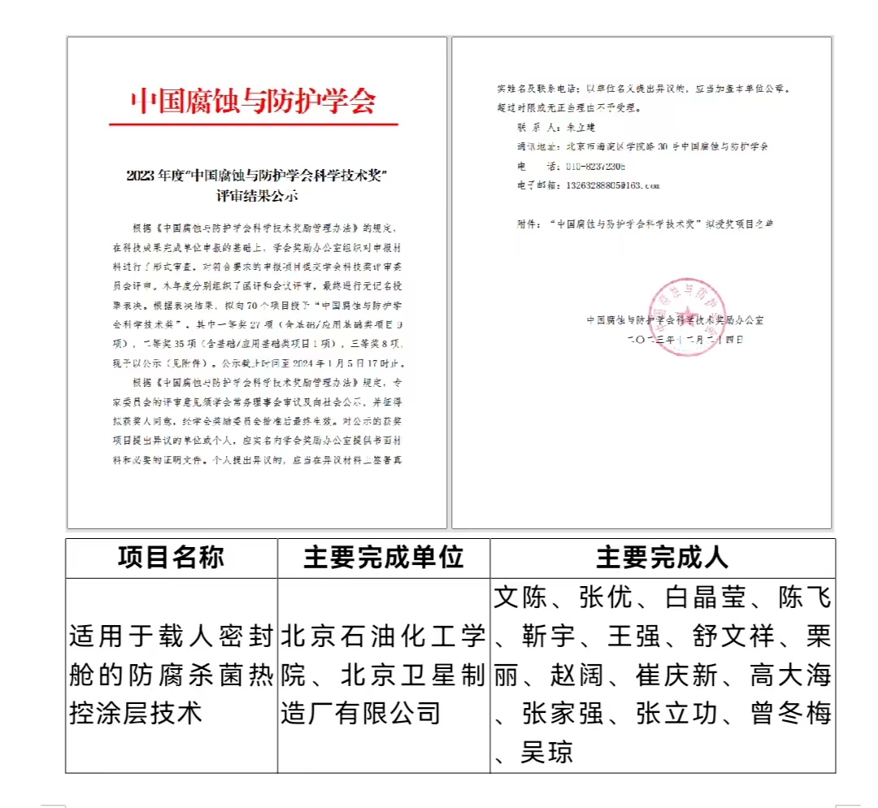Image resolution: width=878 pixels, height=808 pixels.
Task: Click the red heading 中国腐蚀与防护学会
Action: (254, 102)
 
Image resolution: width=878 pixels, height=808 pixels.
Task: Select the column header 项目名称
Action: (172, 558)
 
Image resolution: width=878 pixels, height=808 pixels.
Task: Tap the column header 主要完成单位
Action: (383, 558)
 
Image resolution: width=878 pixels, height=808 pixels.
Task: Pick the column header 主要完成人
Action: (663, 558)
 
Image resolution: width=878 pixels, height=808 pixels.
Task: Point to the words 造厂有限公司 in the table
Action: (360, 714)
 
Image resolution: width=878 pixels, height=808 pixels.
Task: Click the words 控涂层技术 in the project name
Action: (136, 714)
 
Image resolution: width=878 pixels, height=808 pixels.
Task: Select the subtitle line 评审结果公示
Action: (257, 196)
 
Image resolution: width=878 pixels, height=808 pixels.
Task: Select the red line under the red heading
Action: (254, 124)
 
